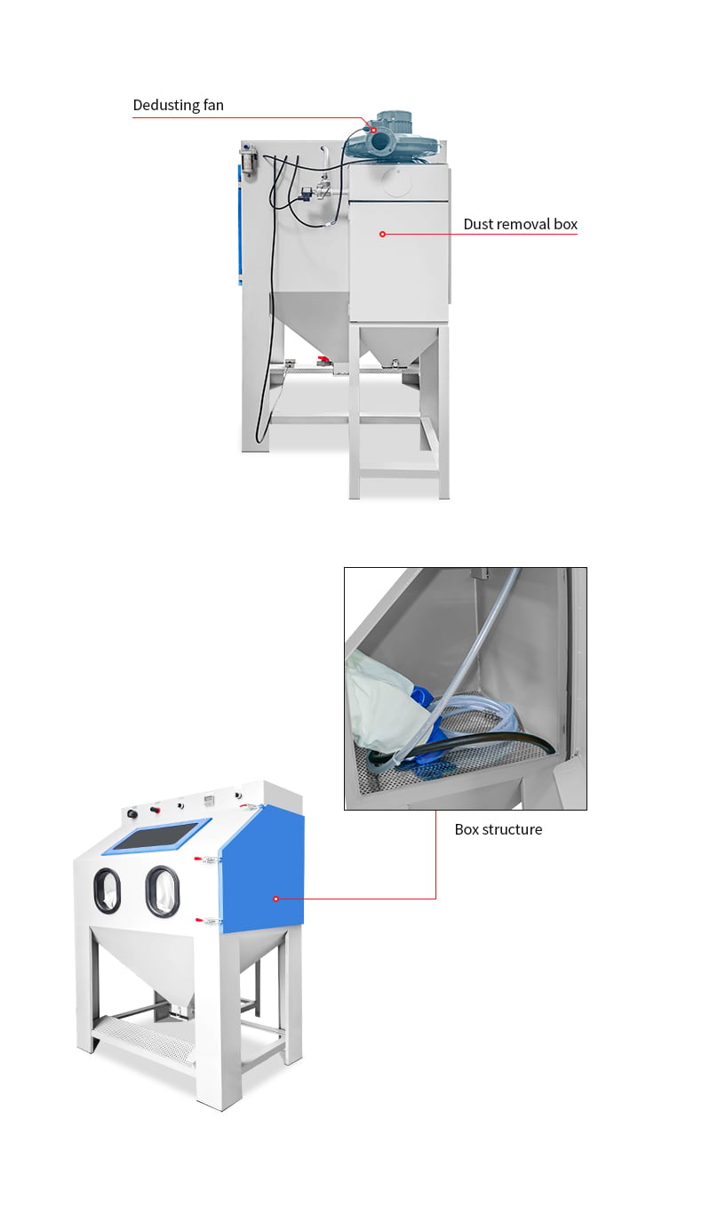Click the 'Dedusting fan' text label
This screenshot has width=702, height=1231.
pyautogui.click(x=178, y=105)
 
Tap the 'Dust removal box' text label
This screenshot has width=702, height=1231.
pyautogui.click(x=520, y=224)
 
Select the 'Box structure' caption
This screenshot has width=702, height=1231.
pyautogui.click(x=499, y=829)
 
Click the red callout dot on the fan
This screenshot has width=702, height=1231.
pyautogui.click(x=373, y=131)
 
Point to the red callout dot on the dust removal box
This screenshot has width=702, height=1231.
pyautogui.click(x=383, y=234)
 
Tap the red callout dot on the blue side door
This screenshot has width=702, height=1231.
pyautogui.click(x=276, y=899)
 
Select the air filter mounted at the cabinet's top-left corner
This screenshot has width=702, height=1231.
pyautogui.click(x=248, y=160)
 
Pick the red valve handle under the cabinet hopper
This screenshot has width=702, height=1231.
pyautogui.click(x=323, y=360)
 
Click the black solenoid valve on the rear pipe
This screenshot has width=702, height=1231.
pyautogui.click(x=306, y=193)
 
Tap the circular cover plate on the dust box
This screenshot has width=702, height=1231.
pyautogui.click(x=397, y=182)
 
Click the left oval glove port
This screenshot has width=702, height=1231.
pyautogui.click(x=107, y=891)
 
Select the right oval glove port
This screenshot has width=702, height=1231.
pyautogui.click(x=163, y=891)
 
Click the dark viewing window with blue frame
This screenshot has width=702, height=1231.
pyautogui.click(x=157, y=835)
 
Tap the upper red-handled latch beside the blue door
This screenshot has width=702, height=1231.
pyautogui.click(x=206, y=859)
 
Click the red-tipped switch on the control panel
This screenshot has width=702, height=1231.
pyautogui.click(x=155, y=810)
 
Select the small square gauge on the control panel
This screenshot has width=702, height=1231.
pyautogui.click(x=208, y=800)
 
